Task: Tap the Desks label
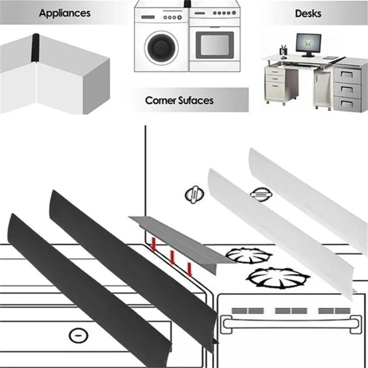308,13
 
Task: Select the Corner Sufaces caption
179,100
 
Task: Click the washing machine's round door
161,47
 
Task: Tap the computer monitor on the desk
306,43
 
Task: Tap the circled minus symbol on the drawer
79,335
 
